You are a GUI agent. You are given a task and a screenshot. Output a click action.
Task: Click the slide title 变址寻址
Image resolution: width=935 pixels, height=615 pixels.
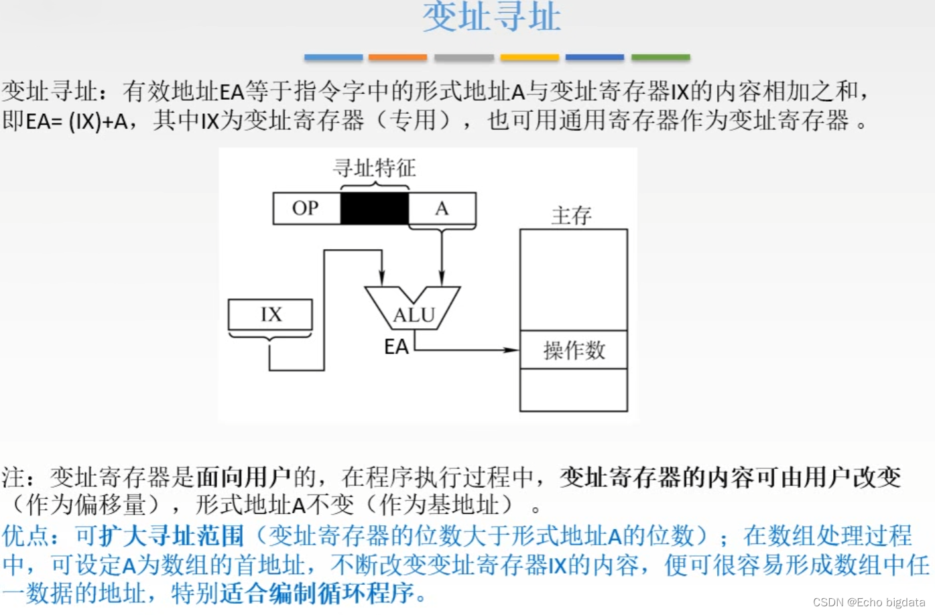[x=491, y=17]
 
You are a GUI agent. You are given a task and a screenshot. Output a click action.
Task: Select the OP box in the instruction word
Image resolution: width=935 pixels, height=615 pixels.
[x=306, y=208]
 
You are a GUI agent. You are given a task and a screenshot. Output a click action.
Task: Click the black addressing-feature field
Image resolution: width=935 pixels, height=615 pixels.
[x=374, y=208]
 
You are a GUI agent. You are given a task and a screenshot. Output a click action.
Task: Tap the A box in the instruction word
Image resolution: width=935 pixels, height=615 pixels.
[x=442, y=208]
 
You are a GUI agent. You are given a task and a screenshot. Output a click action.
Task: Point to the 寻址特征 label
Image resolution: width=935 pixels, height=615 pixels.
[x=374, y=167]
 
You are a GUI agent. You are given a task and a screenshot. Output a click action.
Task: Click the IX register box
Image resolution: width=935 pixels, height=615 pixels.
[x=270, y=314]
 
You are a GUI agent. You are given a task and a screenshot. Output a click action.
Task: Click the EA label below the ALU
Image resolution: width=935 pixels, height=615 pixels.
[x=396, y=347]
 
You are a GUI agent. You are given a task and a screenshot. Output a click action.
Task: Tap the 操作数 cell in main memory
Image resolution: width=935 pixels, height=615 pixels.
[x=574, y=350]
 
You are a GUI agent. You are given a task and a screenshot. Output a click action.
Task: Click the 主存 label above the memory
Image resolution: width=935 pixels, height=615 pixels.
[x=571, y=216]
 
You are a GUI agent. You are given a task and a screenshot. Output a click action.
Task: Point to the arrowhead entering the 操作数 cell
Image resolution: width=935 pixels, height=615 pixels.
[x=513, y=350]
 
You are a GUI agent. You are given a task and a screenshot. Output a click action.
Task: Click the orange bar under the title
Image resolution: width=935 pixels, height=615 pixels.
[x=397, y=58]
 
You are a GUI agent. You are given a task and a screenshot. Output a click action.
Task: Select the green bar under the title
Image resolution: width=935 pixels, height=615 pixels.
[x=660, y=58]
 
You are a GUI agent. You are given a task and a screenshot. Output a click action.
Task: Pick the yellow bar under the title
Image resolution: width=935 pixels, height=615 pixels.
[x=529, y=58]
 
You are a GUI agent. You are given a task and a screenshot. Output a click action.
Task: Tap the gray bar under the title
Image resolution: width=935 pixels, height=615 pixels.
[x=464, y=58]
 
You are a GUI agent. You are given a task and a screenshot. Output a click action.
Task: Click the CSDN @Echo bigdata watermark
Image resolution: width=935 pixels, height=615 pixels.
[x=869, y=602]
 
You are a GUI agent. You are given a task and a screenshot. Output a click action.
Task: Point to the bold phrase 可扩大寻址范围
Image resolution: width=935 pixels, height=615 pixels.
[x=159, y=535]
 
